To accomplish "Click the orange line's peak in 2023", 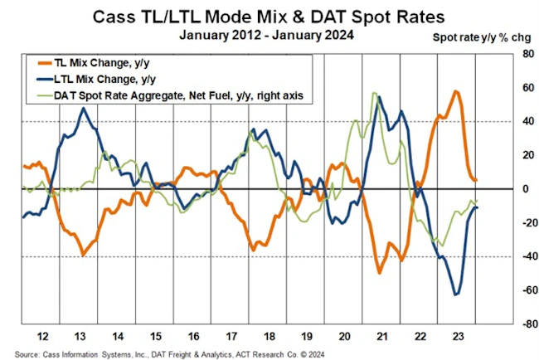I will click(x=457, y=91).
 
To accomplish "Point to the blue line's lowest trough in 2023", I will click(x=455, y=294).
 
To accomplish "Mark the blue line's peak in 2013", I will click(x=84, y=109).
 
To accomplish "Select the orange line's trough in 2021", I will click(x=380, y=272).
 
